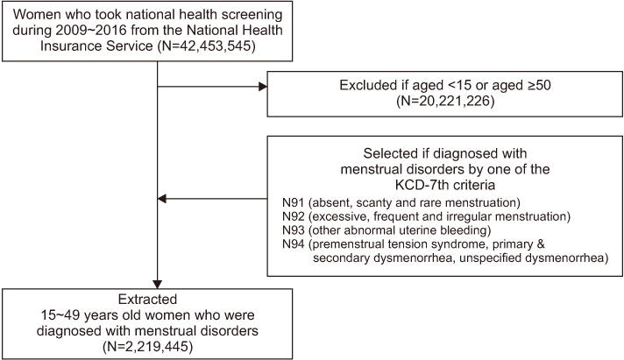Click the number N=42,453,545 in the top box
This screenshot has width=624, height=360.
(207, 46)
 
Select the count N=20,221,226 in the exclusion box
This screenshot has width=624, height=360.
(445, 101)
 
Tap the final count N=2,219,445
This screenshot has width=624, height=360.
(147, 347)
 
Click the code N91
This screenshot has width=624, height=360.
(294, 203)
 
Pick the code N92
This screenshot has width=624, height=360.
(294, 217)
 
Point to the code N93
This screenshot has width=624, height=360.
(294, 230)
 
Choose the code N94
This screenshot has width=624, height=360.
(294, 244)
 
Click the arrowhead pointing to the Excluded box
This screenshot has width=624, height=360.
(263, 87)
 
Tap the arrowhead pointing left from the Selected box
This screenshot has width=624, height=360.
(162, 199)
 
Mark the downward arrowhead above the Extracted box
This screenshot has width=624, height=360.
(158, 285)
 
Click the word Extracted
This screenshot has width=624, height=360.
(147, 300)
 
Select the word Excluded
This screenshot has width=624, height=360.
(368, 85)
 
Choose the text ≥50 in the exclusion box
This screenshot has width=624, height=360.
(539, 85)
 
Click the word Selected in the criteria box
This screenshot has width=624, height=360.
(392, 153)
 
